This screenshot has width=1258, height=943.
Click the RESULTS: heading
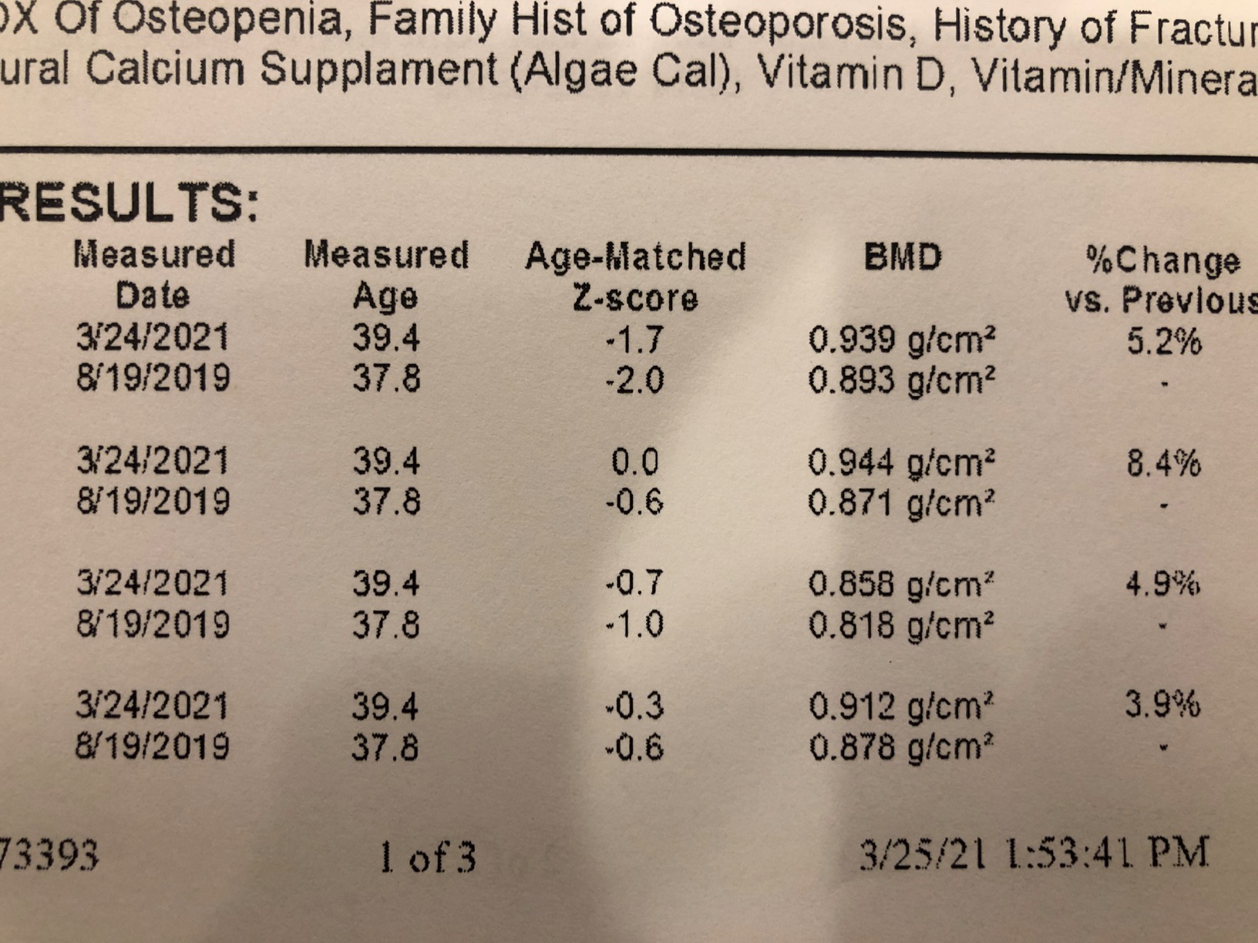tap(127, 203)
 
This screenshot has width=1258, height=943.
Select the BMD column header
tap(903, 257)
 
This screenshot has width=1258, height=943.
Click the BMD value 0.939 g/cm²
tap(901, 340)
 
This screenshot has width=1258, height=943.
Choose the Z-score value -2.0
tap(634, 381)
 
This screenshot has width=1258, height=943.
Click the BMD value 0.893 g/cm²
tap(901, 380)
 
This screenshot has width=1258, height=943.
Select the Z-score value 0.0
tap(634, 462)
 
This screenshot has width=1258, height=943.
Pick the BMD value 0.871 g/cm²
tap(901, 503)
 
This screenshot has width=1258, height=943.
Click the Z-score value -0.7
tap(634, 583)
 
